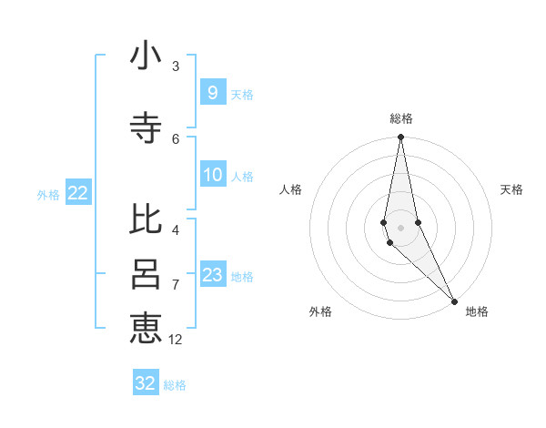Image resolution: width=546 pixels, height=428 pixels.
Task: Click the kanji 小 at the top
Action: (146, 56)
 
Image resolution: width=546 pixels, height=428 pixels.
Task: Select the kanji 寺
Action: (146, 128)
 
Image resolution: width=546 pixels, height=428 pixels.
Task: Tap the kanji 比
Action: (146, 219)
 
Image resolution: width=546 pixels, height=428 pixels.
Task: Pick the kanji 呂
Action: (146, 274)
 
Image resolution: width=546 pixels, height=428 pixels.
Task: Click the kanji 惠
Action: (146, 327)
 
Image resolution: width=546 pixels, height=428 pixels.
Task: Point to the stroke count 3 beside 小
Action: (176, 66)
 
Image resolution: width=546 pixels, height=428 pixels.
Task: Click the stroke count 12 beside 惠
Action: (176, 339)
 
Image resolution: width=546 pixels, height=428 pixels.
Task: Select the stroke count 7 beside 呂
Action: (176, 284)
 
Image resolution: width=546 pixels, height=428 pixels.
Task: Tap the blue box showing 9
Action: (212, 92)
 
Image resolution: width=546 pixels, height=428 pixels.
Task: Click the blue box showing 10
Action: (213, 175)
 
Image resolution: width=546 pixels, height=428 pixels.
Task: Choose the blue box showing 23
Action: (213, 275)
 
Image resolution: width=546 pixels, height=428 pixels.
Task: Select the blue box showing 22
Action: (78, 192)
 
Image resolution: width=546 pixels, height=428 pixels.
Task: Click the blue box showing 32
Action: (146, 383)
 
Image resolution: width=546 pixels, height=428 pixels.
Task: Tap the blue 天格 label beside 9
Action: (242, 95)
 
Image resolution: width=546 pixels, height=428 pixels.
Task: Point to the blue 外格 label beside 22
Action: (48, 194)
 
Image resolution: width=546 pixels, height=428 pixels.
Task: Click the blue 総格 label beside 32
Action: (175, 385)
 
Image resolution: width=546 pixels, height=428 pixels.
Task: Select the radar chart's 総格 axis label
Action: (401, 118)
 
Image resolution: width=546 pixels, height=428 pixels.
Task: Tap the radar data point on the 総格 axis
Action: (400, 138)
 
